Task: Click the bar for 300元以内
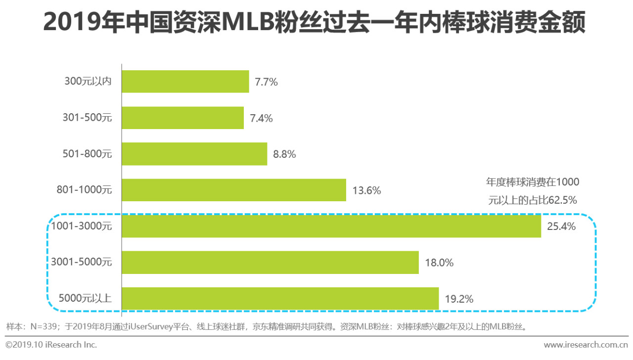(185, 82)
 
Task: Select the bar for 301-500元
(183, 118)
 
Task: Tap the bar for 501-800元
(194, 154)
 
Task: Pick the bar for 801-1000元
(234, 190)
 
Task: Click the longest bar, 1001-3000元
(331, 226)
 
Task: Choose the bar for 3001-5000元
(270, 263)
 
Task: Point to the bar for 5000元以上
(280, 299)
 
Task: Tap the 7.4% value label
(261, 118)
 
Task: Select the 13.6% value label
(366, 190)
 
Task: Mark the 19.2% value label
(459, 299)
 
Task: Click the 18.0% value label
(439, 263)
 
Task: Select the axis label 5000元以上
(85, 299)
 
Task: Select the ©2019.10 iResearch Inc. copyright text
(51, 345)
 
